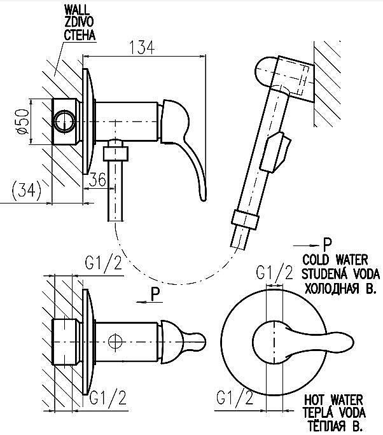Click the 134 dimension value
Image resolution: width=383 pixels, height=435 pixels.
(x=143, y=48)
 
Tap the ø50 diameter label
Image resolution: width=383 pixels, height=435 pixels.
(x=23, y=121)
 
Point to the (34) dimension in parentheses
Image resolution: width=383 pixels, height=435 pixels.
(x=27, y=191)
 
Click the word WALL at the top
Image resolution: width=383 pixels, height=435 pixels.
(x=77, y=10)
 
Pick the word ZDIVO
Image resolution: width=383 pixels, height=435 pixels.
(x=79, y=22)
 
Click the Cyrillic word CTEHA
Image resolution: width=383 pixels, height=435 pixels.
(x=80, y=35)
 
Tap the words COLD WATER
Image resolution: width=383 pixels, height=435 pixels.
(x=335, y=260)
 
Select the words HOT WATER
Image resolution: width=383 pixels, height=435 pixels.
(x=333, y=400)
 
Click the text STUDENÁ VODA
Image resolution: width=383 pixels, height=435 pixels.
(x=340, y=274)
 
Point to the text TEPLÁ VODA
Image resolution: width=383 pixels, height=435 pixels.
(x=334, y=413)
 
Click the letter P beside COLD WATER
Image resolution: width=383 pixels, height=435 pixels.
(x=327, y=244)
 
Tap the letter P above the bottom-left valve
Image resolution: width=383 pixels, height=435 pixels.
(x=157, y=294)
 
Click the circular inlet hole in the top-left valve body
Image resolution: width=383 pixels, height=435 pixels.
(x=65, y=121)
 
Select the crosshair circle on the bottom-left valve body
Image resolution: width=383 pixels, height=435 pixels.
(x=115, y=342)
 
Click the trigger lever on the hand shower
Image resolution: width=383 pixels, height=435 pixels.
(x=275, y=151)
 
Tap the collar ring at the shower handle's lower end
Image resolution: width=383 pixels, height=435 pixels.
(x=244, y=219)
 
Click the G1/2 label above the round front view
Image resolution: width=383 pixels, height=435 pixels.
(x=274, y=273)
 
